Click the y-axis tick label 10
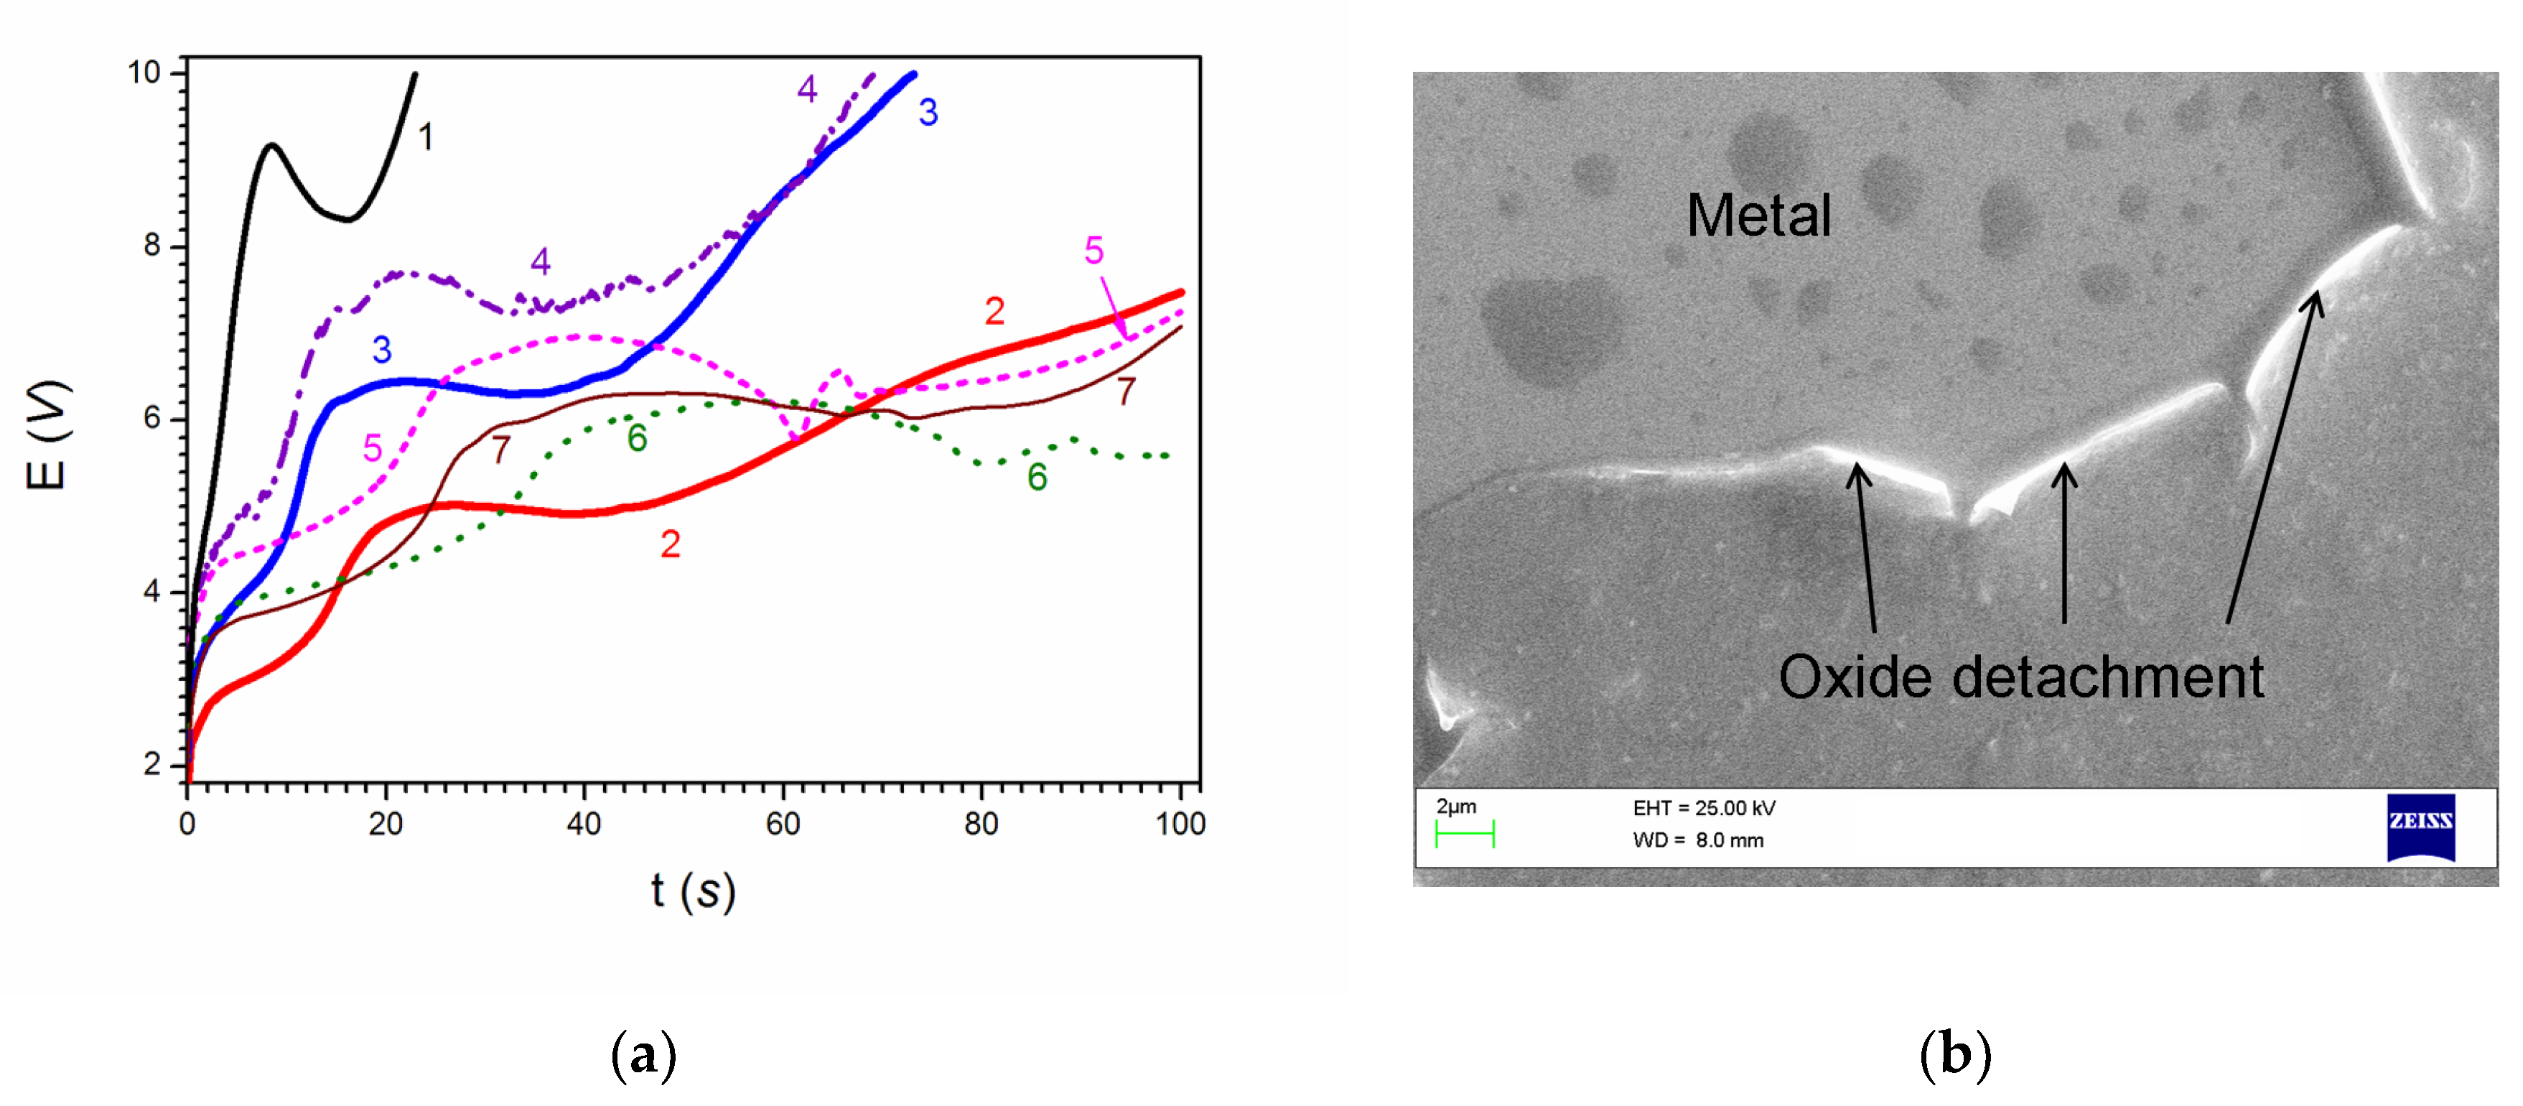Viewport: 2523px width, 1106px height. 144,73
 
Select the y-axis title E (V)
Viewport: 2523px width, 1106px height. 47,436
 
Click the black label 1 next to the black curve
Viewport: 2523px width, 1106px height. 426,137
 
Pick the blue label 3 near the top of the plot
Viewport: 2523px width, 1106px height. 928,113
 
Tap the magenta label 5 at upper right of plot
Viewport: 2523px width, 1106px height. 1094,251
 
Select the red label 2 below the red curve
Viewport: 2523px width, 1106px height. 670,544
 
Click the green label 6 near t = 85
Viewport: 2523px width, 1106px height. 1037,478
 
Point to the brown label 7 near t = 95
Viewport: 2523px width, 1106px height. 1127,392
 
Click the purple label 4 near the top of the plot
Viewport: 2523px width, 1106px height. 807,89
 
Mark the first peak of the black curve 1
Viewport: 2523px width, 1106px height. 271,146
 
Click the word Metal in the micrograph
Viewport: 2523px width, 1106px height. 1758,215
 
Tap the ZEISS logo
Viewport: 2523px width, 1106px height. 2420,827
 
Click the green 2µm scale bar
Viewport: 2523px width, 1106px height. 1464,835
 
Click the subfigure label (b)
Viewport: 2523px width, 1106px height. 1955,1056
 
